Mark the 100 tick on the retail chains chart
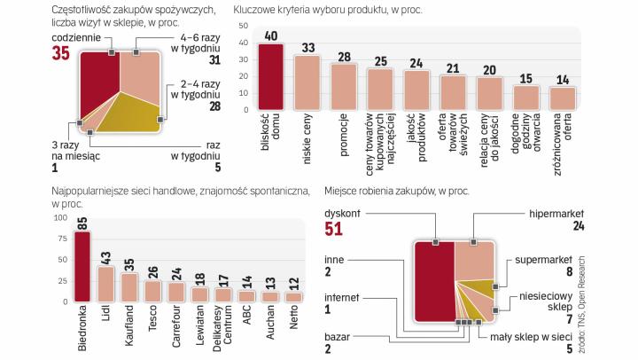point(59,217)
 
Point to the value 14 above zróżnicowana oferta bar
point(562,79)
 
